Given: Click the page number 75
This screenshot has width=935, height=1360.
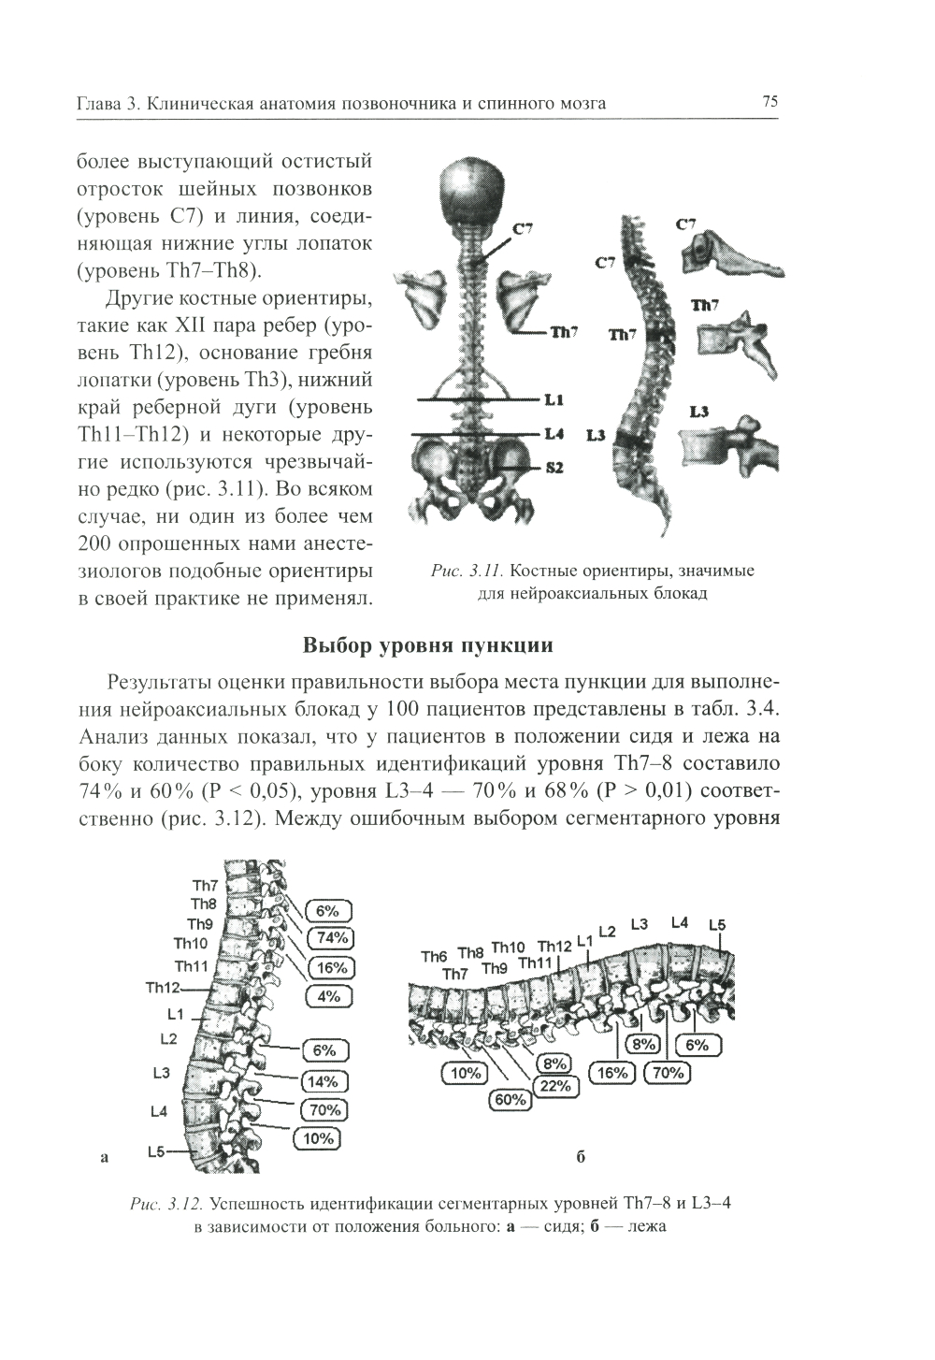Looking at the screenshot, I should click(x=770, y=103).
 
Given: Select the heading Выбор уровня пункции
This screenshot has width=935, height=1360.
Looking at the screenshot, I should click(x=428, y=646).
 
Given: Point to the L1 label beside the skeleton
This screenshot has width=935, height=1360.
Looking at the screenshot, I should click(x=554, y=400).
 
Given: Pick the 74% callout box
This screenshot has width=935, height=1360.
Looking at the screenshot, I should click(x=332, y=937).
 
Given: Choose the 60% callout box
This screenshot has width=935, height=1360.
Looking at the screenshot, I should click(x=511, y=1099).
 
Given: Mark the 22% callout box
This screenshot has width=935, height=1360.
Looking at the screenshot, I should click(x=555, y=1085).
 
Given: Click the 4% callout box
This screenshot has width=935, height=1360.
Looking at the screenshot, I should click(x=328, y=996).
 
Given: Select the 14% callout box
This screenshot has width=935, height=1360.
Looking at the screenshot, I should click(x=324, y=1081).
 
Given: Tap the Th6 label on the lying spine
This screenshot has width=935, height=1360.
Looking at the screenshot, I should click(x=434, y=956).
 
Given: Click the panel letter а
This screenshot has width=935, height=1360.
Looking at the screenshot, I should click(x=104, y=1158).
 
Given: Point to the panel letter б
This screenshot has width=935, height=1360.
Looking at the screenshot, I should click(x=581, y=1158).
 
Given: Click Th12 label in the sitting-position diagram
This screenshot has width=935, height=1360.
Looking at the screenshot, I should click(x=162, y=987).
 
